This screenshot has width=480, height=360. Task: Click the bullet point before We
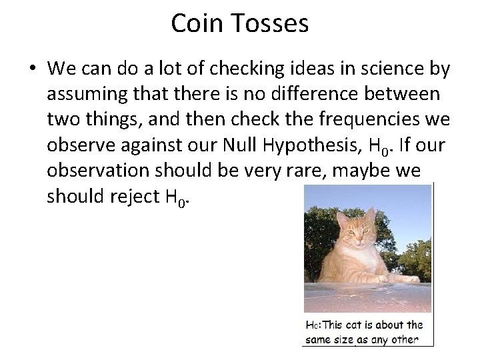[x=31, y=69]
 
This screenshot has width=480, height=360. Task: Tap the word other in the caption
[x=404, y=340]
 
